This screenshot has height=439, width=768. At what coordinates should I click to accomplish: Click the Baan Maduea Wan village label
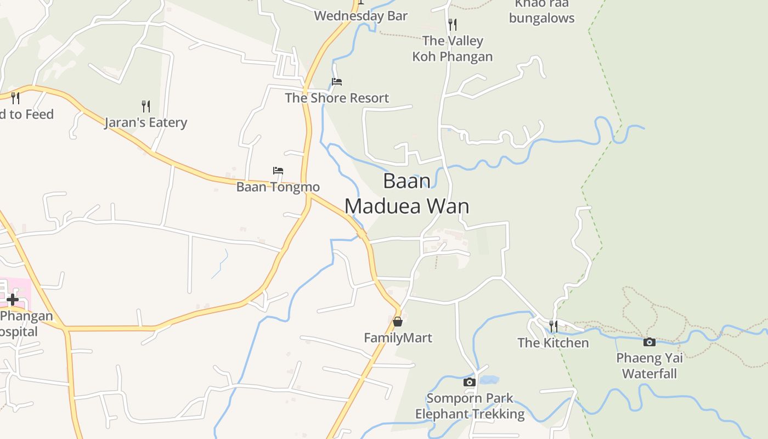point(406,193)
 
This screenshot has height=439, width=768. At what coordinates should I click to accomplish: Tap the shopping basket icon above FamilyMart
point(398,322)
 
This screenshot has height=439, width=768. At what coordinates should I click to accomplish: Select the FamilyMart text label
point(398,337)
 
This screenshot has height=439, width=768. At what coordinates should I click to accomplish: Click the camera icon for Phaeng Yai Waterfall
point(649,342)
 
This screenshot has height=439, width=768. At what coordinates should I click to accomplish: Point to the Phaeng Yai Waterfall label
point(650,366)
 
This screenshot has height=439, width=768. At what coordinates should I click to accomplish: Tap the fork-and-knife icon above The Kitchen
point(553,327)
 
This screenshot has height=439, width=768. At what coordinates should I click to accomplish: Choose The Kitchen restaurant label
point(553,343)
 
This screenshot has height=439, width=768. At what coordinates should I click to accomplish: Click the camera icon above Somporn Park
point(469,382)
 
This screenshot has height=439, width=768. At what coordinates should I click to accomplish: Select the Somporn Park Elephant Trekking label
point(470,406)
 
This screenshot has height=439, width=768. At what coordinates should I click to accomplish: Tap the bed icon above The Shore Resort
point(337,82)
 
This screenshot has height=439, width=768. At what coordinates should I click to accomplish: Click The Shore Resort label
point(337,98)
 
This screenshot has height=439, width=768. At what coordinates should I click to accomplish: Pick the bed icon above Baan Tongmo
point(278,171)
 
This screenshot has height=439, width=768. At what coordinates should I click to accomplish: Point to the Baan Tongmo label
point(278,187)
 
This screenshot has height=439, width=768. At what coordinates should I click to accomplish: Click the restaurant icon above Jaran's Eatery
point(145,106)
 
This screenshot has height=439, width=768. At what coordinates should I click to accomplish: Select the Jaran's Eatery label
point(145,122)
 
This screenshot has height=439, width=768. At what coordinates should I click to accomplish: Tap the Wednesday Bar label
point(360,16)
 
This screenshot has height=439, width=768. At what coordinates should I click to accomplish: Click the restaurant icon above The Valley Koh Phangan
point(452,25)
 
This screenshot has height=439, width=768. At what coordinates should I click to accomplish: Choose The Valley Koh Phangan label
point(452,48)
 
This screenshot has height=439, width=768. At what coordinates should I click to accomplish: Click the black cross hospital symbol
point(12,300)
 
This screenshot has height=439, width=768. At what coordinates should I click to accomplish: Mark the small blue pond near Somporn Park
point(489,380)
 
